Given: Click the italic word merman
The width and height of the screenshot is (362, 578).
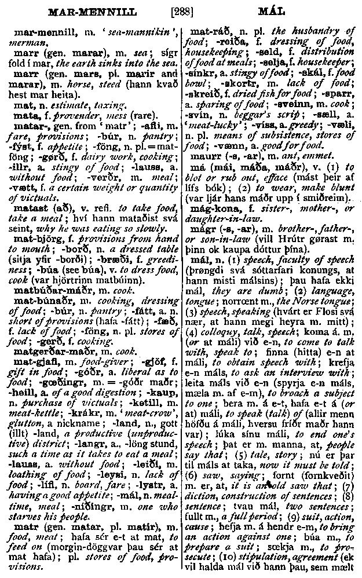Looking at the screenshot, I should (x=23, y=42).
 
